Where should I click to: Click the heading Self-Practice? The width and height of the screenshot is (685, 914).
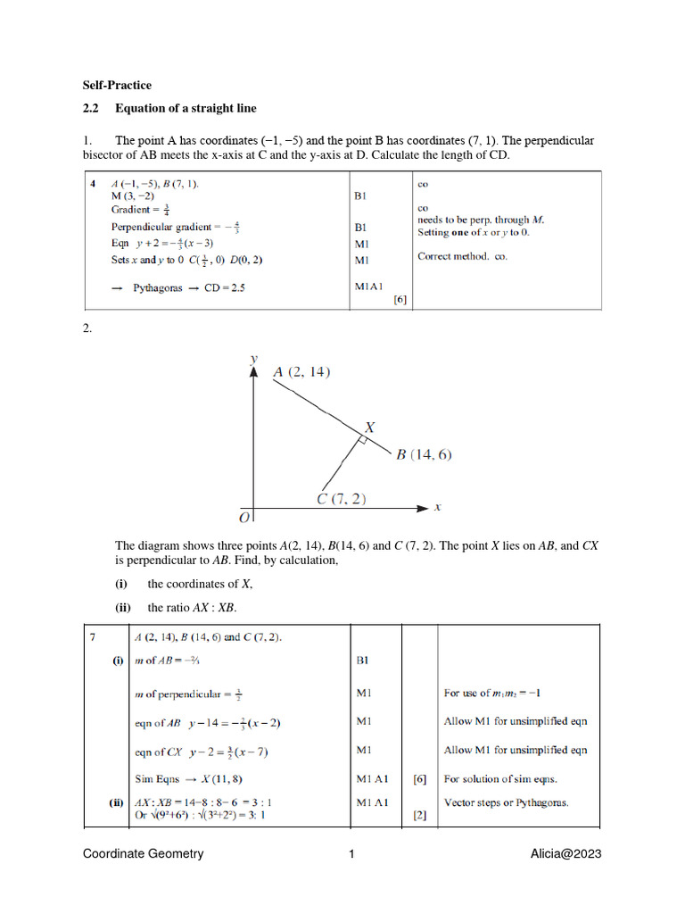click(117, 86)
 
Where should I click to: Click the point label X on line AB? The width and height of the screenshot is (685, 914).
click(368, 428)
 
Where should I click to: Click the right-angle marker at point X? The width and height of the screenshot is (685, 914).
click(363, 440)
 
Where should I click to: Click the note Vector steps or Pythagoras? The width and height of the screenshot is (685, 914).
click(506, 802)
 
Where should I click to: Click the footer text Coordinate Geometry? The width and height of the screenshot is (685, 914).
click(143, 854)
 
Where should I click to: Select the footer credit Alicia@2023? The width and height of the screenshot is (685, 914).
click(565, 854)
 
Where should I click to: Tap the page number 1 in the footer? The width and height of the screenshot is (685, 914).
click(351, 854)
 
